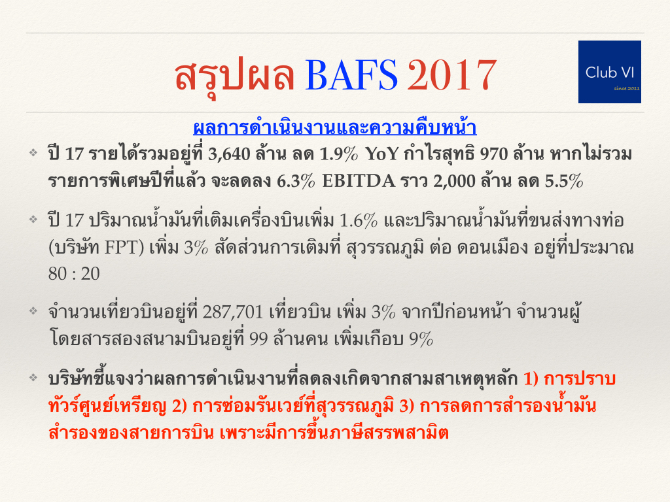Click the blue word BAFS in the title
tap(351, 75)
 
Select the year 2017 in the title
tap(451, 75)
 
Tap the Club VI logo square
tap(609, 72)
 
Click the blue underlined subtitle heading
tap(335, 127)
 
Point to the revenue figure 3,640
tap(229, 154)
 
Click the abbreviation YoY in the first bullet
tap(381, 154)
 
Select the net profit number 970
tap(493, 154)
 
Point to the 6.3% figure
tap(296, 181)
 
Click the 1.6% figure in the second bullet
tap(359, 220)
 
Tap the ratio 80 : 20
tap(74, 274)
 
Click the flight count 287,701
tap(232, 312)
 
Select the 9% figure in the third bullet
tap(421, 339)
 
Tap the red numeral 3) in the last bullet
tap(406, 405)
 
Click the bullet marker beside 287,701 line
tap(33, 310)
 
